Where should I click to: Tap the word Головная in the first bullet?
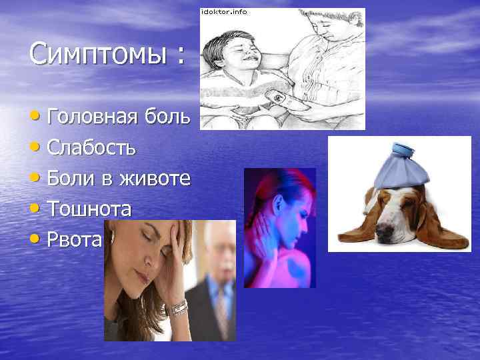pos(93,117)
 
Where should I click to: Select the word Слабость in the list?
pos(93,147)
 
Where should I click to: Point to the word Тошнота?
pos(89,209)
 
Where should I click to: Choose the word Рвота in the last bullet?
pos(74,239)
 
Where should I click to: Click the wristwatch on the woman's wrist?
pos(179,307)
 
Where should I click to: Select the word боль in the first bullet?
pos(173,117)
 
